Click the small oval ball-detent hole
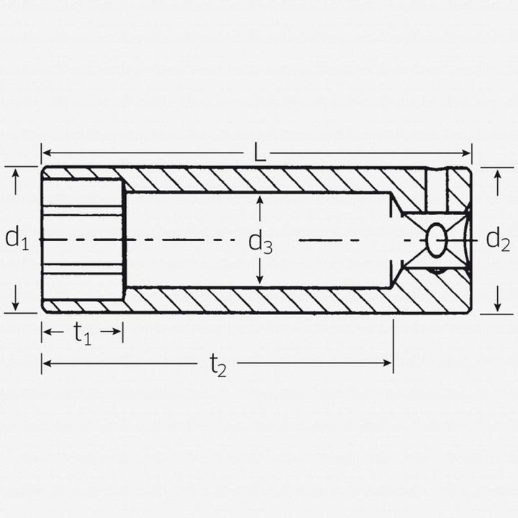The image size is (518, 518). pos(436,240)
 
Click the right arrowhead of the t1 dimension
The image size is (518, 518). pos(118,332)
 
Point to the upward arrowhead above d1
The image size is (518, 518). pos(16,176)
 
